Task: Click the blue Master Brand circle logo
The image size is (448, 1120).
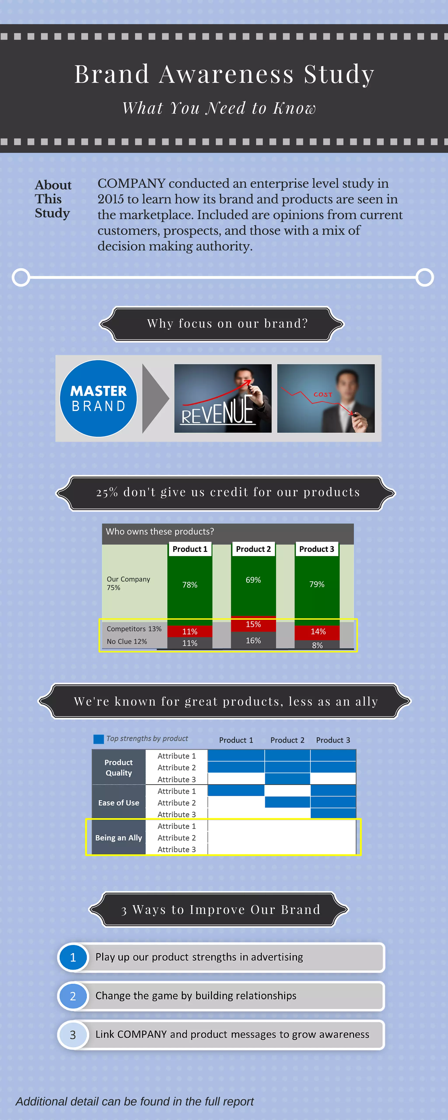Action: point(98,398)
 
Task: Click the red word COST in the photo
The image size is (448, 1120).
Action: point(323,394)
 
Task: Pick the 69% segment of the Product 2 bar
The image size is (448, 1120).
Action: point(253,580)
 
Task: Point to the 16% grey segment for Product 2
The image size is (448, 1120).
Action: point(253,640)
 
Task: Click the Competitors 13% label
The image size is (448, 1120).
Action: point(134,629)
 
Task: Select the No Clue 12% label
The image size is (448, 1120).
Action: point(127,641)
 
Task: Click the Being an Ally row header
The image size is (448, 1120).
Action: point(119,837)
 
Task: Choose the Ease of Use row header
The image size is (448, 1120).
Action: point(119,803)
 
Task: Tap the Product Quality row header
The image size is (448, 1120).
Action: point(119,767)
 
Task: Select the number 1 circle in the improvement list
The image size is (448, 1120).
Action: point(73,957)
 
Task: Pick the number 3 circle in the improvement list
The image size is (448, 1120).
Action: point(73,1035)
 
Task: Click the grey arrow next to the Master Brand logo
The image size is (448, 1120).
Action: point(154,398)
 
